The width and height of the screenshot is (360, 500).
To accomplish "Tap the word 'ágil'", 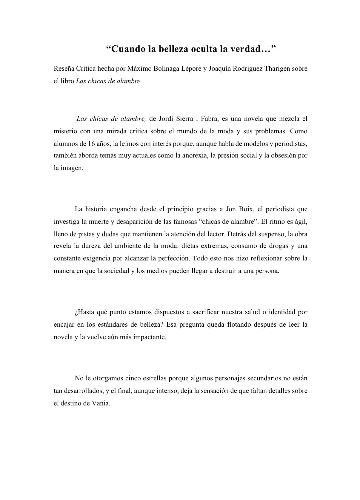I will [x=301, y=221].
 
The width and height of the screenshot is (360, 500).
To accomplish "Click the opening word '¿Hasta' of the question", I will [x=84, y=312].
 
